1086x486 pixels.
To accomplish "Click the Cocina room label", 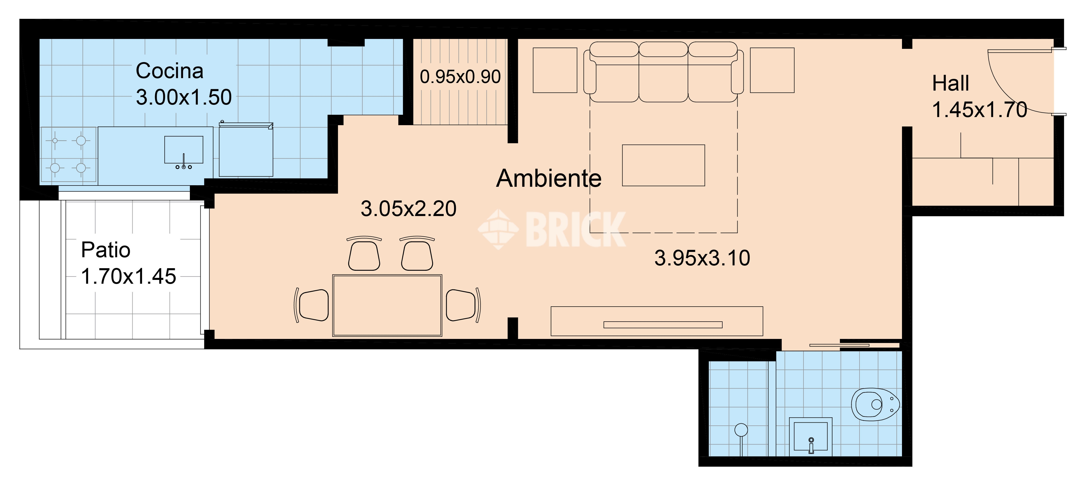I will [x=170, y=71].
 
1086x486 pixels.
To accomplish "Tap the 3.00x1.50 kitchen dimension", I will [x=184, y=97].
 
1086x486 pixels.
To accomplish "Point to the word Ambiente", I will [x=548, y=178].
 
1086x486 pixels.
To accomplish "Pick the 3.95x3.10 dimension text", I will [x=702, y=258].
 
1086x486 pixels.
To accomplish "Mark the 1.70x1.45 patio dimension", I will [x=128, y=277].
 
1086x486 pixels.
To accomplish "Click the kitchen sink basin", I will [x=184, y=150].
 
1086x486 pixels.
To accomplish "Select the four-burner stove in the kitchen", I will [x=68, y=154].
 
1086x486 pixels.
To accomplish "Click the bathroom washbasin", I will [x=810, y=436].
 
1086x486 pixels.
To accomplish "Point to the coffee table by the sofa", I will [x=663, y=165].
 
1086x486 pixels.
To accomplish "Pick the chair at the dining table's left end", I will [x=312, y=305].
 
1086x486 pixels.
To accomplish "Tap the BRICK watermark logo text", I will [x=575, y=230].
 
